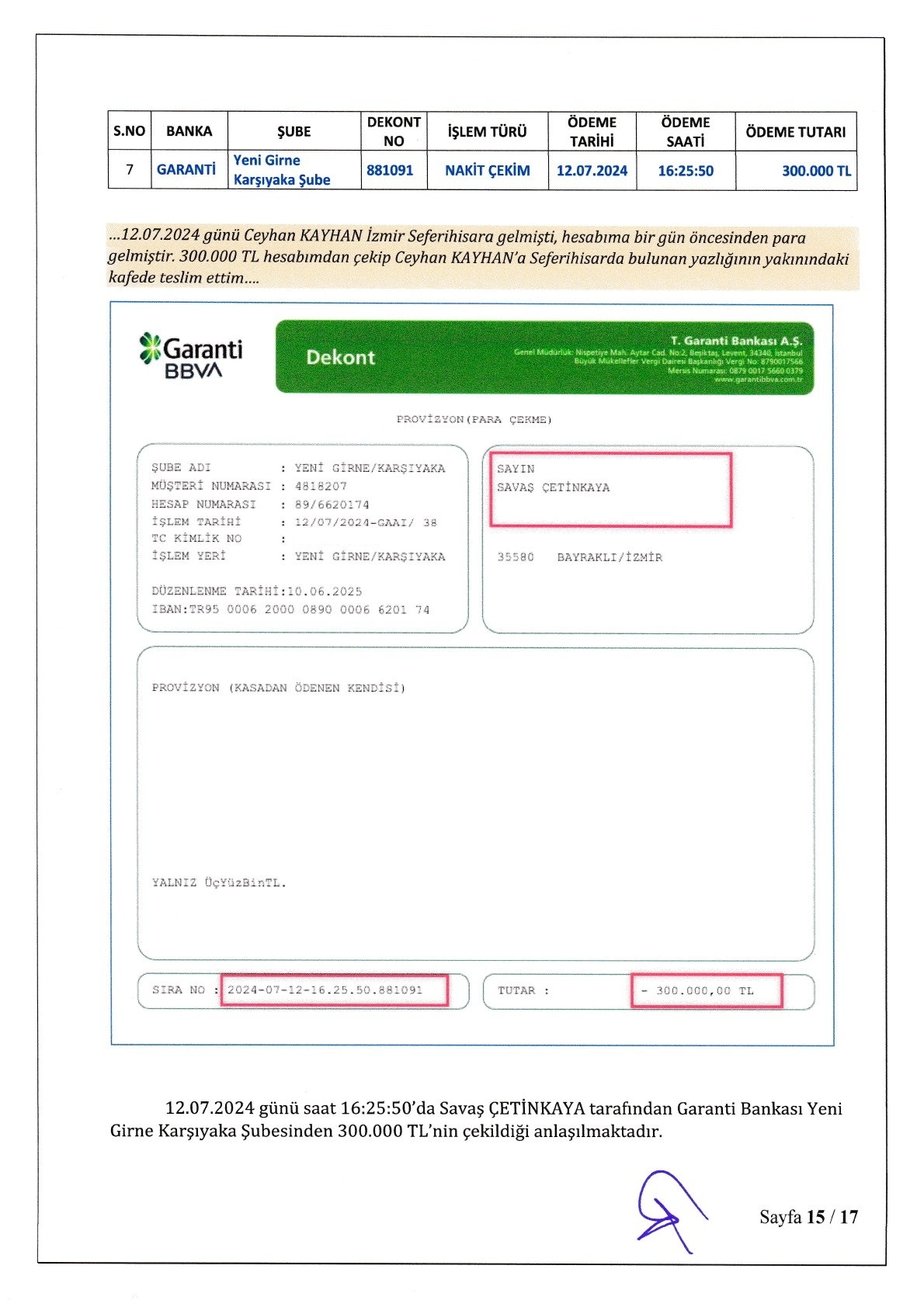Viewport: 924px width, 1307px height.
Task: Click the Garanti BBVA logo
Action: click(x=190, y=356)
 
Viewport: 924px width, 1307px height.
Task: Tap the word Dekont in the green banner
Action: click(x=340, y=358)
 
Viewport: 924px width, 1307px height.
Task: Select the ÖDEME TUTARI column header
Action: click(x=795, y=132)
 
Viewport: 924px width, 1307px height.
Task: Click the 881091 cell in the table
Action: click(x=390, y=170)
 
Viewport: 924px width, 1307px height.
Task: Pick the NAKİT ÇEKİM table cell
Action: click(x=487, y=171)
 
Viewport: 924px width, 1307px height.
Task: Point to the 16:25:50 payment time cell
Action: click(x=685, y=171)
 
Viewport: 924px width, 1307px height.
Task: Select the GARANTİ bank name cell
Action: click(x=186, y=169)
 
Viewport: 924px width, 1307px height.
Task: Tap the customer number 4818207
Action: click(x=321, y=486)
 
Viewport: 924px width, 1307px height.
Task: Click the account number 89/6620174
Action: click(x=332, y=504)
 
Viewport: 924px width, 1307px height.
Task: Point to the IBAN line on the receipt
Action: click(x=290, y=610)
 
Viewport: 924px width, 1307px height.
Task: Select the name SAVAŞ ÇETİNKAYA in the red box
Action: click(x=553, y=487)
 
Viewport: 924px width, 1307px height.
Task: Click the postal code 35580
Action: click(x=516, y=557)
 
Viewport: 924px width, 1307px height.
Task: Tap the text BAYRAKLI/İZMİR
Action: click(x=610, y=557)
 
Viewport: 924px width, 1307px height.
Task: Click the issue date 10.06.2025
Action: click(x=325, y=591)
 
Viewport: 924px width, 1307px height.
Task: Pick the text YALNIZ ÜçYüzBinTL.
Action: click(x=219, y=882)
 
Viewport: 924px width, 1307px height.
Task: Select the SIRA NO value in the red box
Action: click(x=325, y=990)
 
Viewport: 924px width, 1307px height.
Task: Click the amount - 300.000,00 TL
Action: click(x=697, y=991)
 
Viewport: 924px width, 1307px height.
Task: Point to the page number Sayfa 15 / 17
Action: click(x=808, y=1217)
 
